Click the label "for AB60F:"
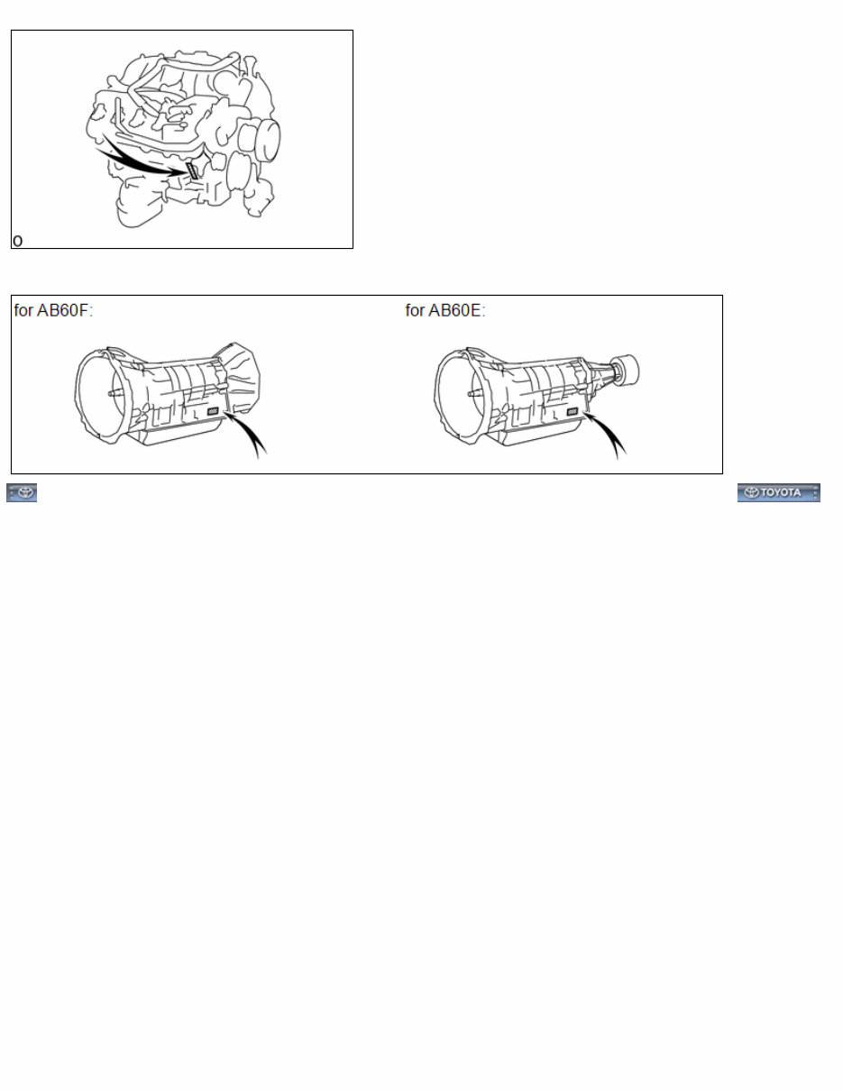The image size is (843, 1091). (x=54, y=311)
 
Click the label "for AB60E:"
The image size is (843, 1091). (x=445, y=311)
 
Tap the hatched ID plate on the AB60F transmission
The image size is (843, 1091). (x=214, y=412)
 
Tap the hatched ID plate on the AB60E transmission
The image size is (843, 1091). (x=573, y=412)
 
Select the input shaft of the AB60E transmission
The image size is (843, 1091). (x=475, y=394)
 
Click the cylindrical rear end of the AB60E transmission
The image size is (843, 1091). (x=626, y=370)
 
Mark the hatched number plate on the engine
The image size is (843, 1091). (x=192, y=170)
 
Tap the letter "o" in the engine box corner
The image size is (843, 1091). (x=17, y=241)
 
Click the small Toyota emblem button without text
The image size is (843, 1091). (x=22, y=492)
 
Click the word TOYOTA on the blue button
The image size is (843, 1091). (x=781, y=492)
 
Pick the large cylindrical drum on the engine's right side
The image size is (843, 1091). (x=264, y=140)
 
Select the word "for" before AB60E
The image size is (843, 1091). (x=415, y=311)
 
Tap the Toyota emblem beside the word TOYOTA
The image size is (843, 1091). (x=752, y=492)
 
